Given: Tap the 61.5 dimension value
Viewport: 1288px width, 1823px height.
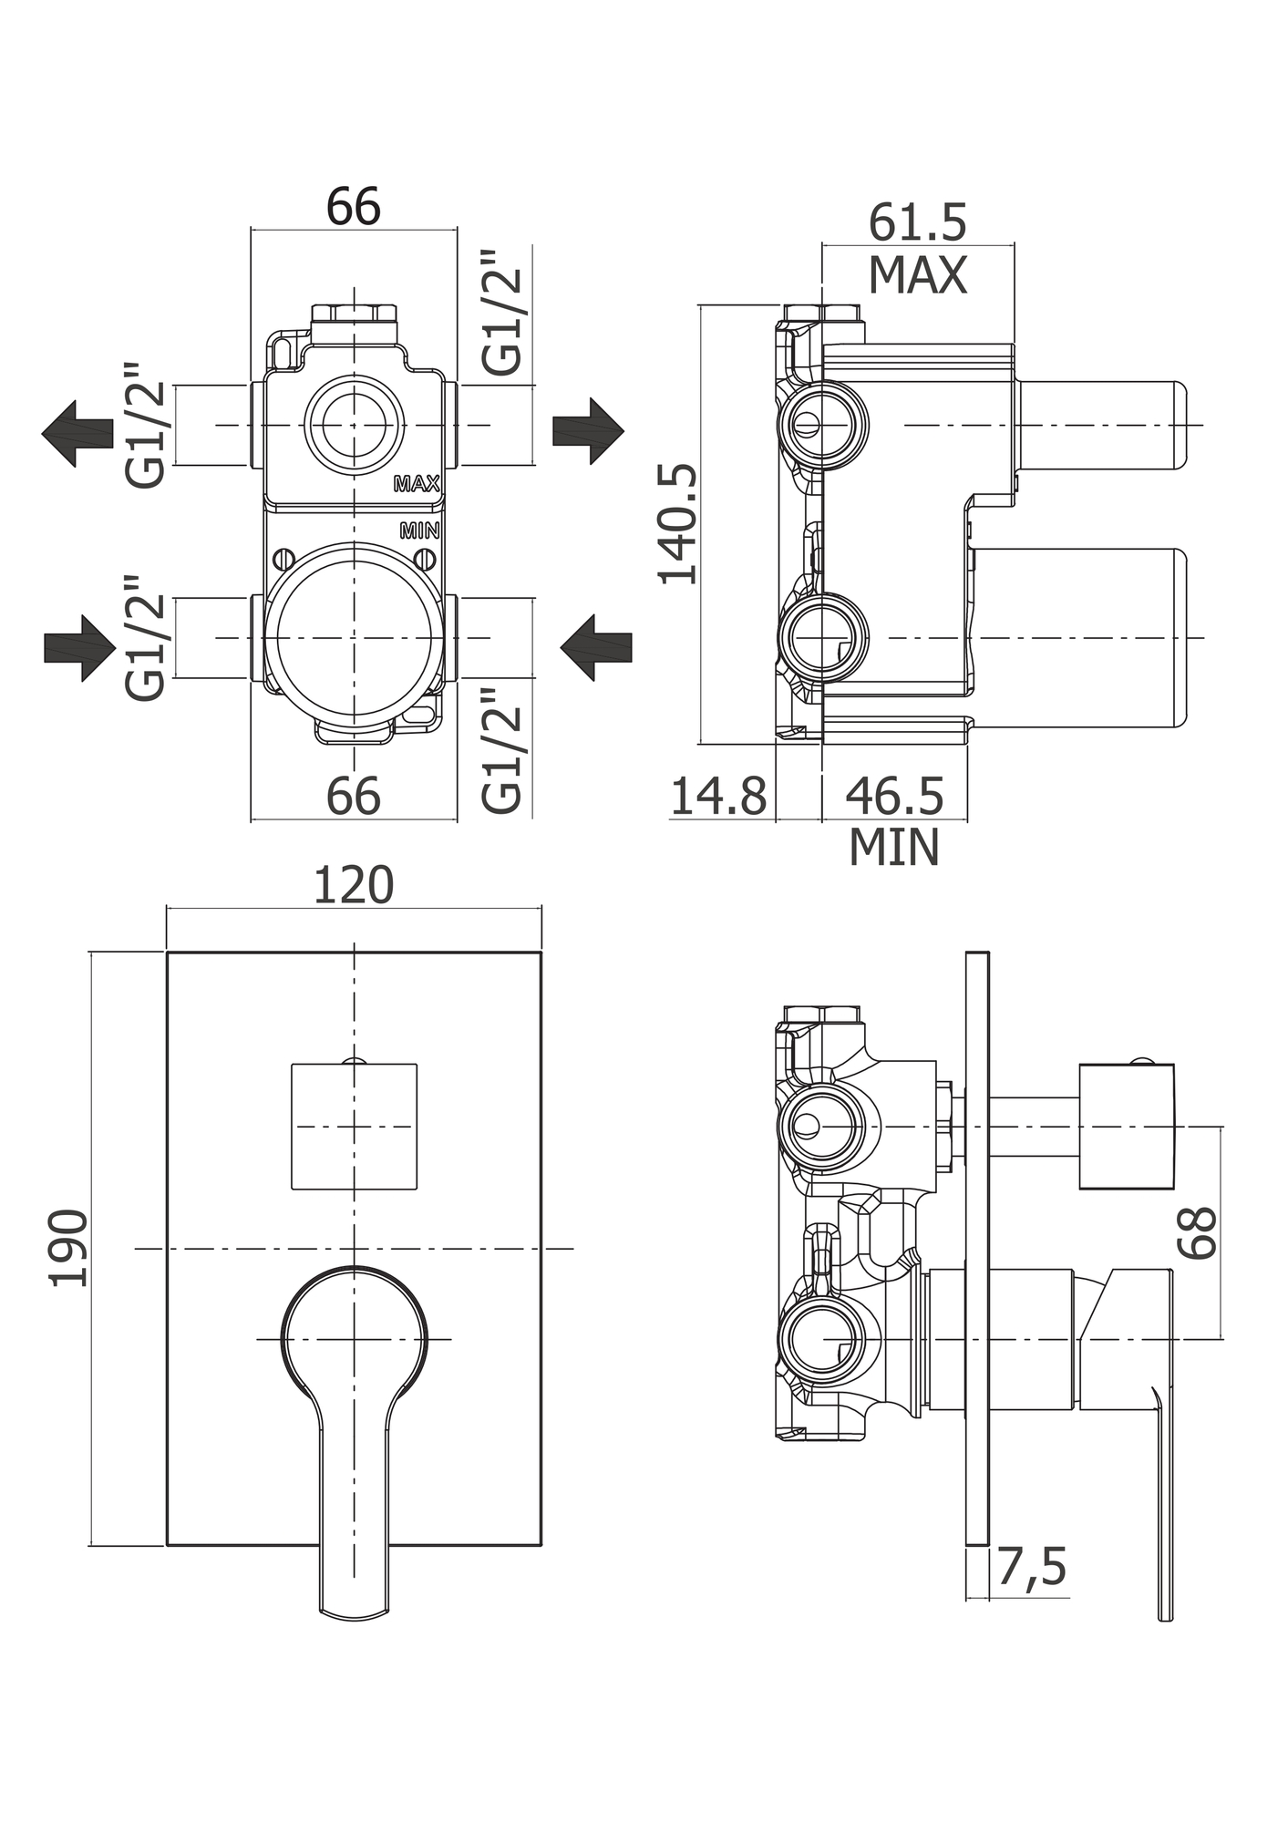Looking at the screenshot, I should (x=917, y=223).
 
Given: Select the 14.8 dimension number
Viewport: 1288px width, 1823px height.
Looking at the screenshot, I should (x=718, y=797).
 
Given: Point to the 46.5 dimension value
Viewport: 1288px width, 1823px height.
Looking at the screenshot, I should (x=894, y=797).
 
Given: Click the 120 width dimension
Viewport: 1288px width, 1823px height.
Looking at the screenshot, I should (x=354, y=885).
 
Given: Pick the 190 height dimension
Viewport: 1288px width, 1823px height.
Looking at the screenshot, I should (x=69, y=1248).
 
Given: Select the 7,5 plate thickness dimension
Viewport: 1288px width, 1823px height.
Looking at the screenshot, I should (x=1031, y=1568).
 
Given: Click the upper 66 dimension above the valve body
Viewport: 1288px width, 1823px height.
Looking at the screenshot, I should (x=354, y=207).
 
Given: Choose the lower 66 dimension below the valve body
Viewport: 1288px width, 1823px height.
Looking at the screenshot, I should (x=354, y=797).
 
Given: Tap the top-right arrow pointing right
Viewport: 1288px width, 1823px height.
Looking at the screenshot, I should (x=588, y=430).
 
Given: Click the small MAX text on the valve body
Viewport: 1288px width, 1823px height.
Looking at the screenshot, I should (x=417, y=484).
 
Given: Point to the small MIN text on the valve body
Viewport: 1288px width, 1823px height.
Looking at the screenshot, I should (x=419, y=530).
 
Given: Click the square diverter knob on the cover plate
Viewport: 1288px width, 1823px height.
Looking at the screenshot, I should (x=354, y=1127).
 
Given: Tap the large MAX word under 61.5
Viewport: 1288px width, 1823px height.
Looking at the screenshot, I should (x=917, y=275).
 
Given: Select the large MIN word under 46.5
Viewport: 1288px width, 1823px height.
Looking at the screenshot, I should (x=894, y=847).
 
